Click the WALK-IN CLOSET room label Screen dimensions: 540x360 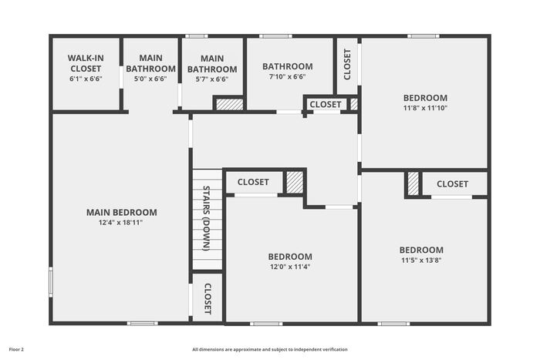[x=86, y=63]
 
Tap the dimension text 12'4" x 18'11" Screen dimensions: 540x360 [x=120, y=222]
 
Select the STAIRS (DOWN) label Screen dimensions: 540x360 [x=207, y=218]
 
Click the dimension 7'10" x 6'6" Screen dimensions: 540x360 [x=288, y=76]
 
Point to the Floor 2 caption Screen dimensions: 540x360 [x=16, y=349]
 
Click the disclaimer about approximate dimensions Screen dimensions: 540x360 [x=270, y=349]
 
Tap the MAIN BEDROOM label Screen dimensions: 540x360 [x=122, y=212]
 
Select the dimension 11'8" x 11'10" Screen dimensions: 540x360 [x=425, y=108]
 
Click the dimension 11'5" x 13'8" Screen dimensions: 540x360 [x=421, y=260]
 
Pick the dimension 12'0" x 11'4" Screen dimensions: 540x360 [x=290, y=267]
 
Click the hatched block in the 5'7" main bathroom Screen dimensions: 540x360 [x=230, y=105]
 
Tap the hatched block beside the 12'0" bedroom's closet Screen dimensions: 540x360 [x=295, y=182]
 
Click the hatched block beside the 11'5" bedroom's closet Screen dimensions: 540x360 [x=413, y=183]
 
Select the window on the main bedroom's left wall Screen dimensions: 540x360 [x=51, y=282]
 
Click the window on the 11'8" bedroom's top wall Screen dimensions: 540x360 [x=424, y=36]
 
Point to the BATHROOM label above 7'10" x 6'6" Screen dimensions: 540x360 [x=288, y=66]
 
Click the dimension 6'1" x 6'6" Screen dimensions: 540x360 [x=86, y=79]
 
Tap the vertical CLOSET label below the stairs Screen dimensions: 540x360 [x=208, y=299]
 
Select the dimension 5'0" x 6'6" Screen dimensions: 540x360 [x=150, y=79]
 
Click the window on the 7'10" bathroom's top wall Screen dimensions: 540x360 [x=275, y=36]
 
